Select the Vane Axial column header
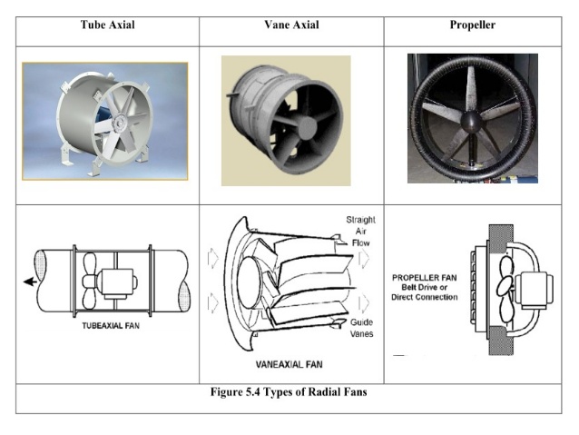coord(290,25)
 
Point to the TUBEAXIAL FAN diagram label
coord(105,327)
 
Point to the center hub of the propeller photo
coord(473,122)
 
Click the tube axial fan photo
coord(104,121)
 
